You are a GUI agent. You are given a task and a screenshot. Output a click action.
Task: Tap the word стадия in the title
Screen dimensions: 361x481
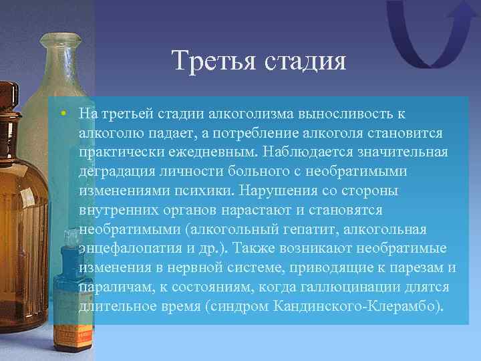pyautogui.click(x=307, y=61)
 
